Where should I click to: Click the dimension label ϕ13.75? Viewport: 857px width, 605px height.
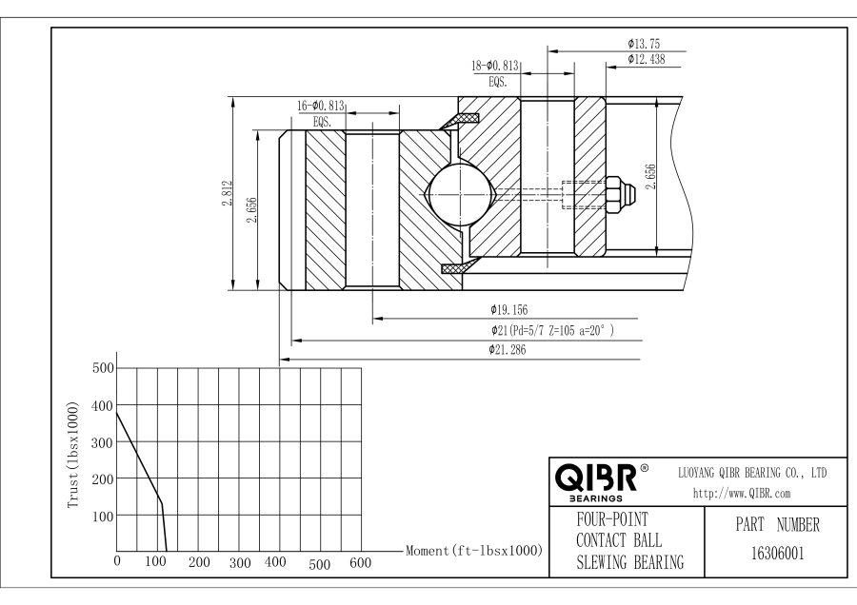pos(645,43)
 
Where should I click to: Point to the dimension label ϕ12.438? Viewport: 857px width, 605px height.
pos(648,60)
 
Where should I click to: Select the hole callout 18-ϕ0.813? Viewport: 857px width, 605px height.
pos(494,66)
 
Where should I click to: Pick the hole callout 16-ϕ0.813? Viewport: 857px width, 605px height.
pos(321,106)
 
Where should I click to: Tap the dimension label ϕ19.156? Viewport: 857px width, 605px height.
pos(508,309)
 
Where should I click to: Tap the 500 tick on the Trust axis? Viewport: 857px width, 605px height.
pos(102,368)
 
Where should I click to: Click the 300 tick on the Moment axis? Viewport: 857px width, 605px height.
pos(240,563)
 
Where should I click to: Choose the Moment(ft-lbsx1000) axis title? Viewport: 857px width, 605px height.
pos(468,551)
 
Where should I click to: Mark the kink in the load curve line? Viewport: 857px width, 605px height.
pos(161,503)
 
